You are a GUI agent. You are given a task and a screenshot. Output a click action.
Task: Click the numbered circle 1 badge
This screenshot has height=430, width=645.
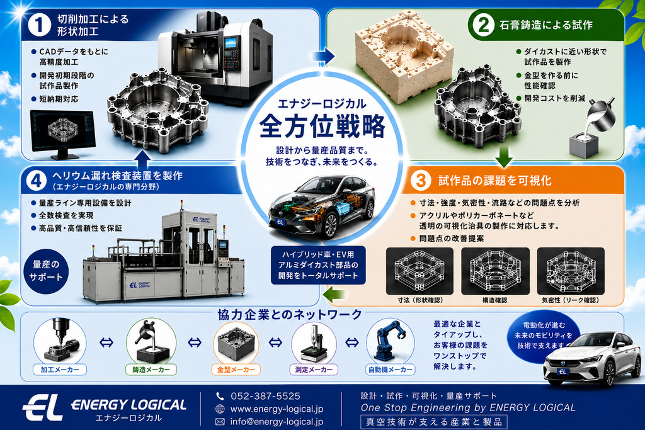40,25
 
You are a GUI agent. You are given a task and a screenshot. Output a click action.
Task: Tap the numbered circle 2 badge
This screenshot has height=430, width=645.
483,25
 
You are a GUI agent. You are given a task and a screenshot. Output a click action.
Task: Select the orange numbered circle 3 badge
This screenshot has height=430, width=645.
420,180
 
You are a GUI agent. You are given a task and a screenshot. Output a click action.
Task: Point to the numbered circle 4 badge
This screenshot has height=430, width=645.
37,180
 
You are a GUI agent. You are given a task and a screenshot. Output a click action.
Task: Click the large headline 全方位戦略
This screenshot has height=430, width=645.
322,126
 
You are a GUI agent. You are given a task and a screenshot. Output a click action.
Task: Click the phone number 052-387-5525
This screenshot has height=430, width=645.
265,396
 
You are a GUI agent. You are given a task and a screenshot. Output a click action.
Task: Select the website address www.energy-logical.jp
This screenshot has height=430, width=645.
277,409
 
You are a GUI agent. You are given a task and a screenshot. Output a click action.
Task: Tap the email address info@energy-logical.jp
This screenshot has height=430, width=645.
277,422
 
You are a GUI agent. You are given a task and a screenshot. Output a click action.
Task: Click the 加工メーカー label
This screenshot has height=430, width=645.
60,370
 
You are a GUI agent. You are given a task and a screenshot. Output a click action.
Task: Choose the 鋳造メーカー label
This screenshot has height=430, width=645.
151,370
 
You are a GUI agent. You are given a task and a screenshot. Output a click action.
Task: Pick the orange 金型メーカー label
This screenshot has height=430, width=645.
236,370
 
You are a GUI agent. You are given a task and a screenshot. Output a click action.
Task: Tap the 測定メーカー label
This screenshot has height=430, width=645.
314,370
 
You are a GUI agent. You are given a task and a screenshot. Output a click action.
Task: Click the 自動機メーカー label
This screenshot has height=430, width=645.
390,370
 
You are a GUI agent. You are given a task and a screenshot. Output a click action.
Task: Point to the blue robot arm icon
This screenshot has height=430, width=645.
388,341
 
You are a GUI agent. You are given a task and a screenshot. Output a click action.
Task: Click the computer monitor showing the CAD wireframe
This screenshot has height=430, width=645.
62,133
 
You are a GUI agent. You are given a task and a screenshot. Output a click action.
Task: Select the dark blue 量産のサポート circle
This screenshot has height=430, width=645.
46,271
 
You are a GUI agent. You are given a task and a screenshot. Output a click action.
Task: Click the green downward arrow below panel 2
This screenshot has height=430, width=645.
503,156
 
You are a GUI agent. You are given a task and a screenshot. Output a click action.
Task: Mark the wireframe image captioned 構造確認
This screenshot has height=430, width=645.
495,271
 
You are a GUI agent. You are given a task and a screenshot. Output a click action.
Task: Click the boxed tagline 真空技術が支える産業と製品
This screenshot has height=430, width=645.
434,422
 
